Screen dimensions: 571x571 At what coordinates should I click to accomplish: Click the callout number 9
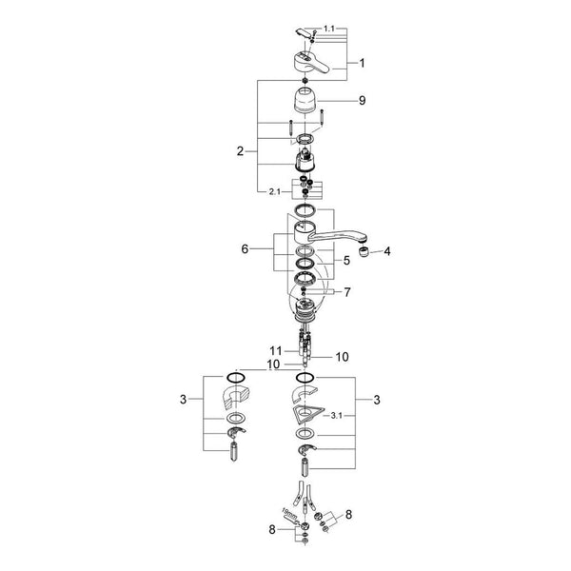tap(362, 100)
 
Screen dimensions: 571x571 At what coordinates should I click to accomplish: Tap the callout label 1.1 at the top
tap(329, 29)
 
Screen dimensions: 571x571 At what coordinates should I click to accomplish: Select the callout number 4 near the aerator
tap(387, 251)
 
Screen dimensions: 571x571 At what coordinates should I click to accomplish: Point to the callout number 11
tap(276, 350)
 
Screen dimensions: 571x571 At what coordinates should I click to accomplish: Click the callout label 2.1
tap(275, 191)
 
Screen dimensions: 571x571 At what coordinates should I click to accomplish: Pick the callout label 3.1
tap(337, 415)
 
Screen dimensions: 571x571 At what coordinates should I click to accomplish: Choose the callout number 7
tap(347, 292)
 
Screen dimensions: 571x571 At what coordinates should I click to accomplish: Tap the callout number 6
tap(245, 248)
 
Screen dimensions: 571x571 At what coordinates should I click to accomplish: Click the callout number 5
tap(346, 261)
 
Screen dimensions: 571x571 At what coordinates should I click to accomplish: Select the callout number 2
tap(240, 150)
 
